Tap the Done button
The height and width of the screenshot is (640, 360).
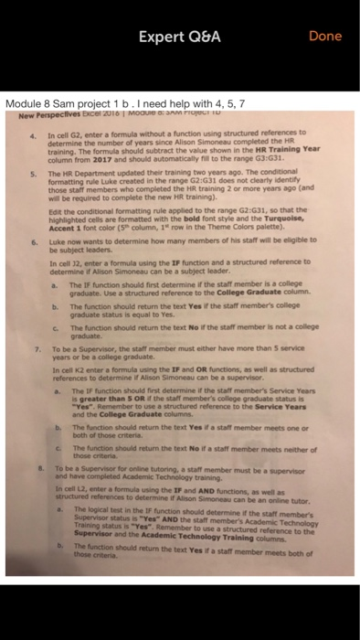(x=324, y=36)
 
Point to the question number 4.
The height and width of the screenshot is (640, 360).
(x=33, y=133)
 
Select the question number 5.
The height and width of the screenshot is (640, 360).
(x=33, y=171)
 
